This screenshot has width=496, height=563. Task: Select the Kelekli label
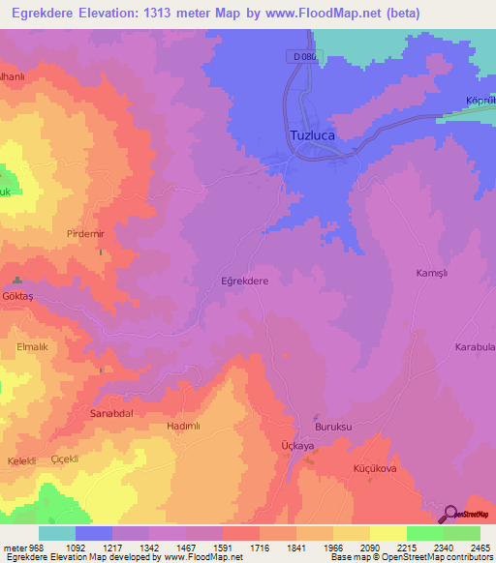pos(21,460)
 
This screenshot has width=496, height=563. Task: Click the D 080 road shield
pos(304,58)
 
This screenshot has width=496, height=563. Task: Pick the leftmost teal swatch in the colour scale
pos(57,533)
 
